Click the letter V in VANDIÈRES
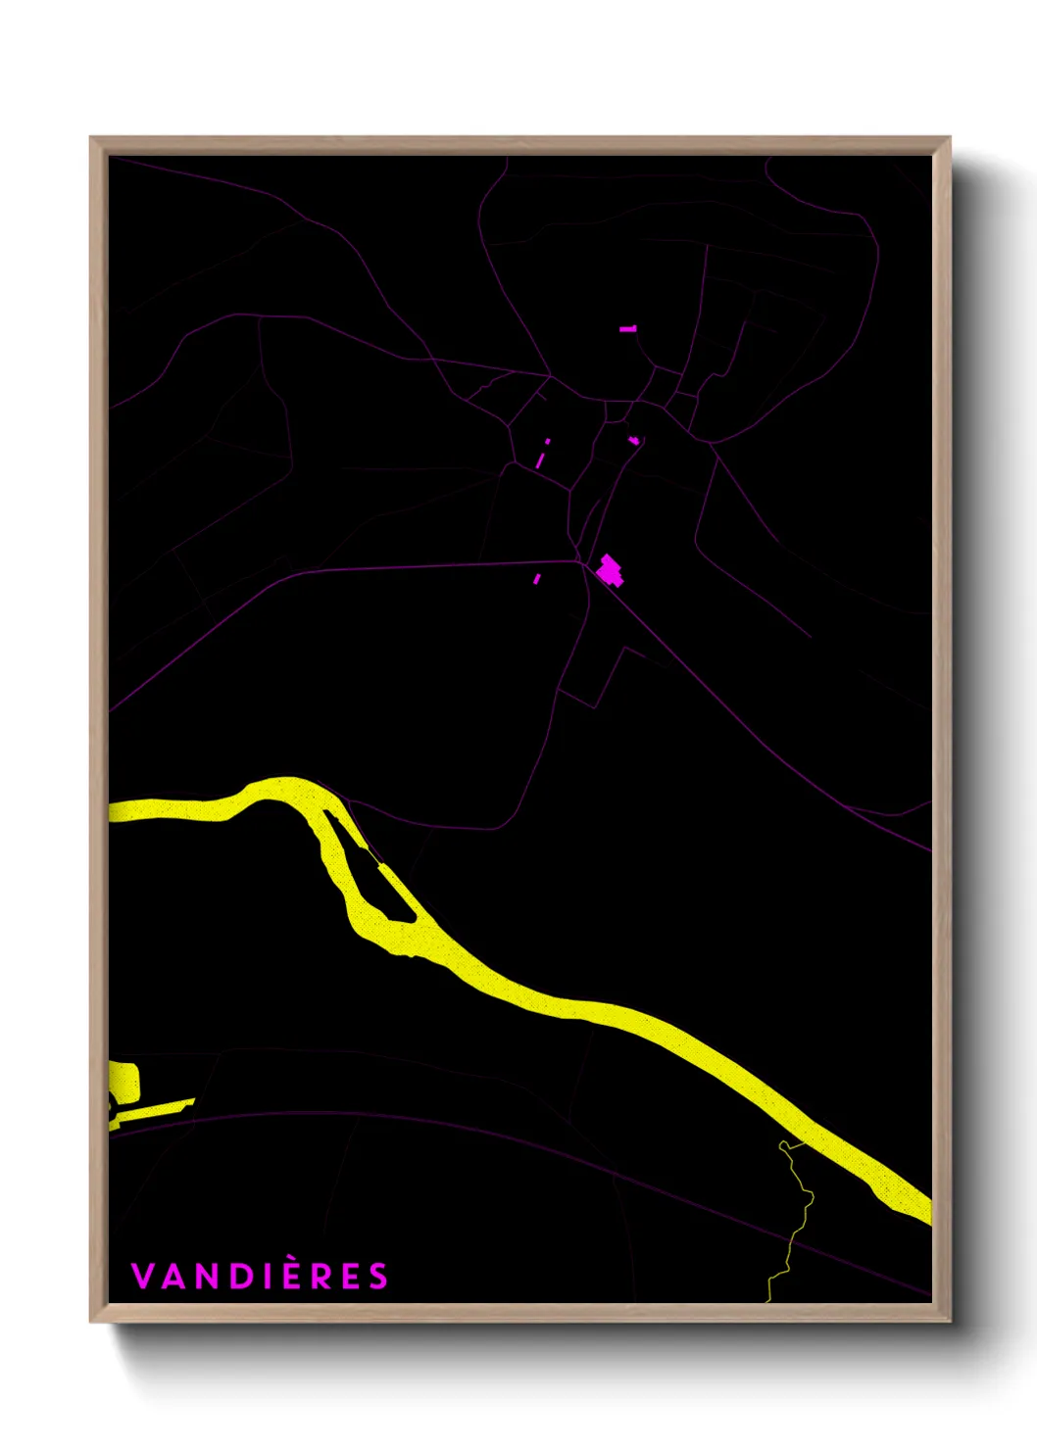[141, 1277]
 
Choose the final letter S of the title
[378, 1277]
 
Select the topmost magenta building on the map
[628, 329]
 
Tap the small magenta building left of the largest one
[536, 579]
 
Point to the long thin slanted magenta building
[540, 458]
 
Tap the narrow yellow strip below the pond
[152, 1111]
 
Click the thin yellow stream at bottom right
[797, 1225]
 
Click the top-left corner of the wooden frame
[91, 138]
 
